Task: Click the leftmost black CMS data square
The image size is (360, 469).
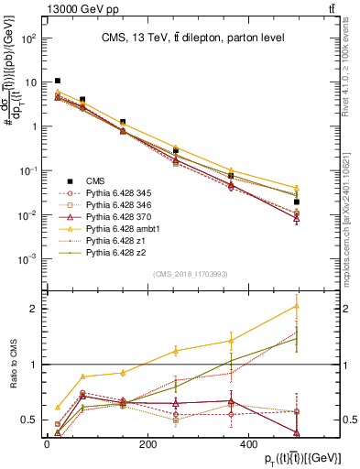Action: (x=58, y=82)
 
